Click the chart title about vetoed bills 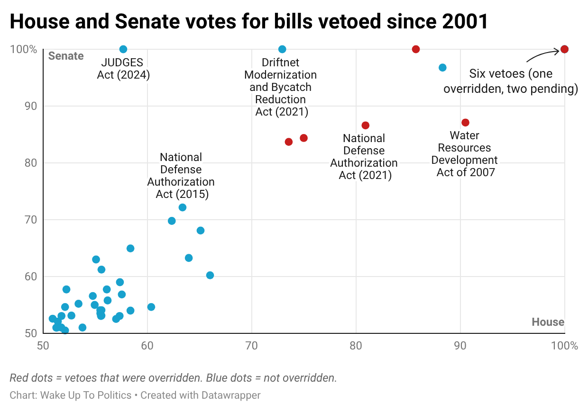[x=248, y=21]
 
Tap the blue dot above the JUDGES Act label [x=123, y=49]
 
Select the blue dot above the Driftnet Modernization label [x=282, y=49]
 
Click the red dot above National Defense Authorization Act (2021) [x=365, y=125]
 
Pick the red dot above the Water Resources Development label [x=465, y=123]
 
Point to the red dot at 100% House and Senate [x=564, y=49]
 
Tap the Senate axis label [x=66, y=56]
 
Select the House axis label [x=548, y=322]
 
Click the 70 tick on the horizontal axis [x=252, y=346]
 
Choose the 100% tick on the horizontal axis [x=564, y=346]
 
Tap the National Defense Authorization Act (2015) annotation [x=181, y=176]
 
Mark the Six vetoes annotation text [x=510, y=81]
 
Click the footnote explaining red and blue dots [x=173, y=378]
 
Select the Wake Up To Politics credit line [x=135, y=395]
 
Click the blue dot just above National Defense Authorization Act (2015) [x=183, y=207]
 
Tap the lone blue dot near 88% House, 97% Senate [x=442, y=68]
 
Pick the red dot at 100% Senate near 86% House [x=416, y=49]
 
